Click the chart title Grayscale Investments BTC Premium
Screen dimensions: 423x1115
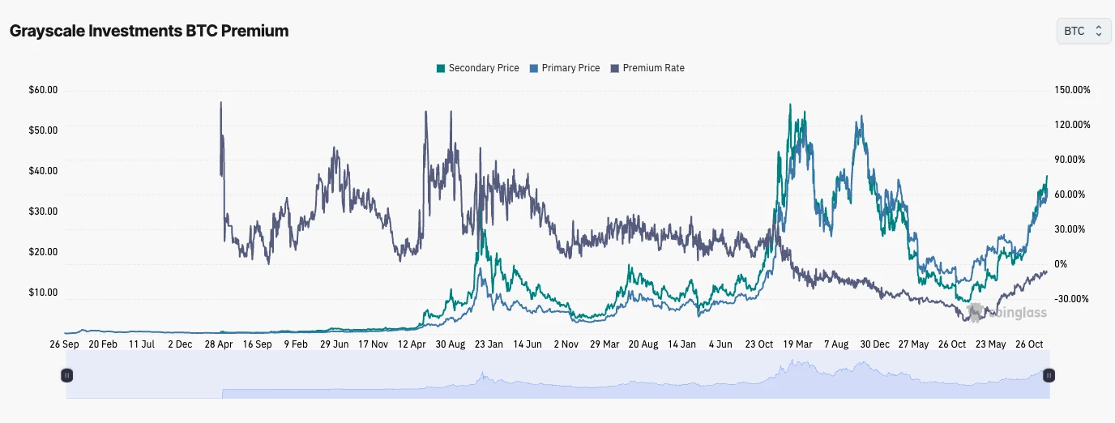pyautogui.click(x=148, y=31)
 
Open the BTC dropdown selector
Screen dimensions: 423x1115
pyautogui.click(x=1083, y=31)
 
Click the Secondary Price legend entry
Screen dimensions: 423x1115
pyautogui.click(x=478, y=68)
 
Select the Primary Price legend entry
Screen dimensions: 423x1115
pyautogui.click(x=565, y=68)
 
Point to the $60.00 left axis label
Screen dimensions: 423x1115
pyautogui.click(x=43, y=90)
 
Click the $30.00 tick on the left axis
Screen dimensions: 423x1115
pyautogui.click(x=43, y=211)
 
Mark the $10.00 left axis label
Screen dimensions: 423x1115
pyautogui.click(x=43, y=293)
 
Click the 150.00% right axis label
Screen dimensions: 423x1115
pyautogui.click(x=1072, y=90)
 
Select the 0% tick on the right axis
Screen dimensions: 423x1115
pyautogui.click(x=1061, y=264)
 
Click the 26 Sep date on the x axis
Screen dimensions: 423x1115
pyautogui.click(x=64, y=344)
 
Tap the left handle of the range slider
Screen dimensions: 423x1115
pyautogui.click(x=67, y=375)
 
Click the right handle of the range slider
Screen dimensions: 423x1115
pyautogui.click(x=1049, y=375)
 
